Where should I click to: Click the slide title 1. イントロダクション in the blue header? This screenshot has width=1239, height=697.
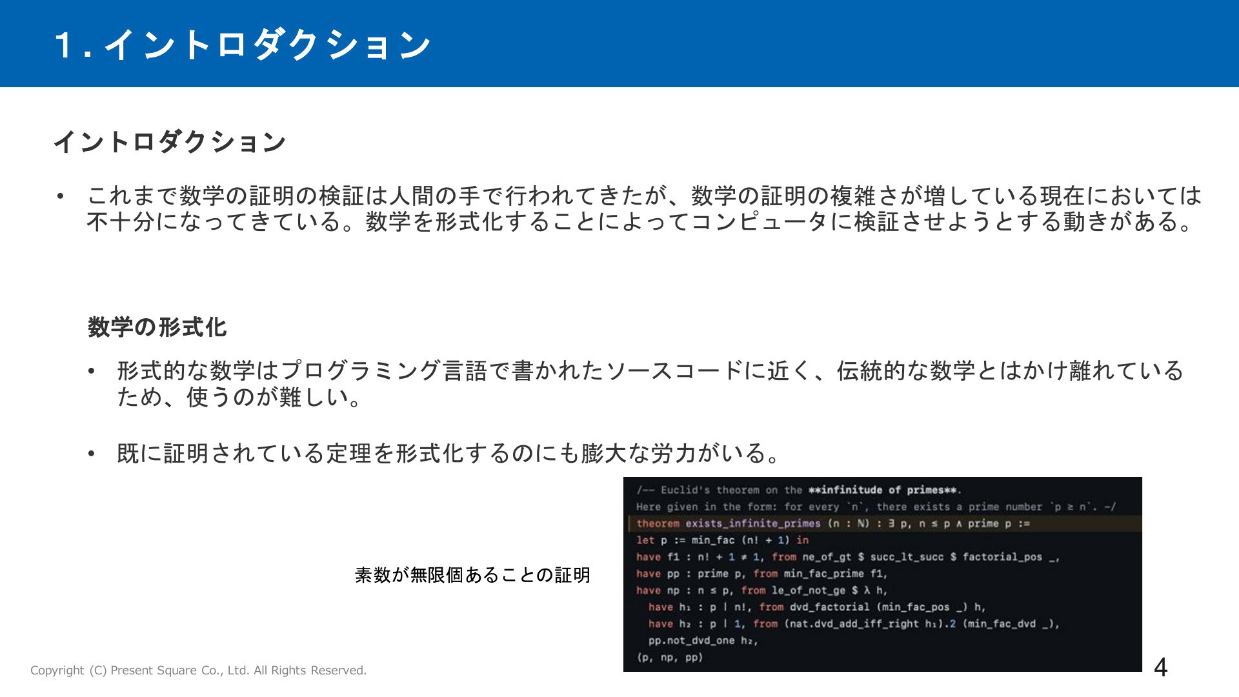pos(242,45)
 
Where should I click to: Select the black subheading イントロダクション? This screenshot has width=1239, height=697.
pos(170,142)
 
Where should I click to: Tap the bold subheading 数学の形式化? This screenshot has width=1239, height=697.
pos(157,327)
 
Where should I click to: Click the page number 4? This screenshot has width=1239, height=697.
pos(1160,667)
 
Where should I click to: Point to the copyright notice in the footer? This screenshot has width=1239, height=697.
pos(198,671)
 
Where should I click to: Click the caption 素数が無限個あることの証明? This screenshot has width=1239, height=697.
pos(472,574)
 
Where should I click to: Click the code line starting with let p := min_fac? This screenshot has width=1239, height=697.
pos(722,540)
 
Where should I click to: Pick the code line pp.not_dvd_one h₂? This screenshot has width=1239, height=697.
pos(703,641)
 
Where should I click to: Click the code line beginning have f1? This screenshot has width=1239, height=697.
pos(847,557)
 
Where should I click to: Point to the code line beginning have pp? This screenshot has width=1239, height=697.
pos(761,574)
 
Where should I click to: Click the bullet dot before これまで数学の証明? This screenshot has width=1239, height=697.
pos(61,196)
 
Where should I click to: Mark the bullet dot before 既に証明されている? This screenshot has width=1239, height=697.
pos(92,454)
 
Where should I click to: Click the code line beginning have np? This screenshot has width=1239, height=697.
pos(761,591)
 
